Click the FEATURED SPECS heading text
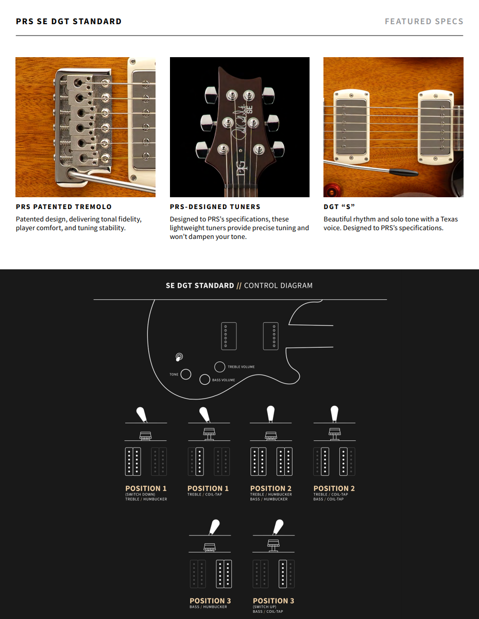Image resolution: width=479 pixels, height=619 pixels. coord(424,21)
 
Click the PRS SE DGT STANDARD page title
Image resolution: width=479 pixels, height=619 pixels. coord(69,21)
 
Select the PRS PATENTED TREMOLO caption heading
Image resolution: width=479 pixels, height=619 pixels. coord(64,207)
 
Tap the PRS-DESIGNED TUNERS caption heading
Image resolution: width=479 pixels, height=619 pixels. coord(215,207)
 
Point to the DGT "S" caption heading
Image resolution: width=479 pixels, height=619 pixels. coord(339,207)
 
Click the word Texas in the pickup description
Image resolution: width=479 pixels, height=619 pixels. coord(449,219)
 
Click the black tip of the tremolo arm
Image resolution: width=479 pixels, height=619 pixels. coord(403,172)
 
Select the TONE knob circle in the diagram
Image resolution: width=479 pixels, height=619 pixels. coord(186,374)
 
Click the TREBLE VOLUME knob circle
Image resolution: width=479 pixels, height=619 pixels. coord(219,367)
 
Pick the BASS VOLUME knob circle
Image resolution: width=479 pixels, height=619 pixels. coord(205,380)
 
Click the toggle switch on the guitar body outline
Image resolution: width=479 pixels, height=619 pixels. coord(179,357)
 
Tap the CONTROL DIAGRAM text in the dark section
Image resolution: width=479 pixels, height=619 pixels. coord(278,285)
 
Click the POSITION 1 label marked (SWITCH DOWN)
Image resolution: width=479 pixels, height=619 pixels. coord(146,488)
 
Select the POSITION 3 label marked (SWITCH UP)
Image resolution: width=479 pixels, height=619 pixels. coord(273,601)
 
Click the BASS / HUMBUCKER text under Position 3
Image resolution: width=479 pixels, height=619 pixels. coord(208,607)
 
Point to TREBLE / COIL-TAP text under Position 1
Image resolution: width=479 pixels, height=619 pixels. coord(204,494)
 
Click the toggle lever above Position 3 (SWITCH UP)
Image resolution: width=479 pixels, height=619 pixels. coord(278,527)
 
